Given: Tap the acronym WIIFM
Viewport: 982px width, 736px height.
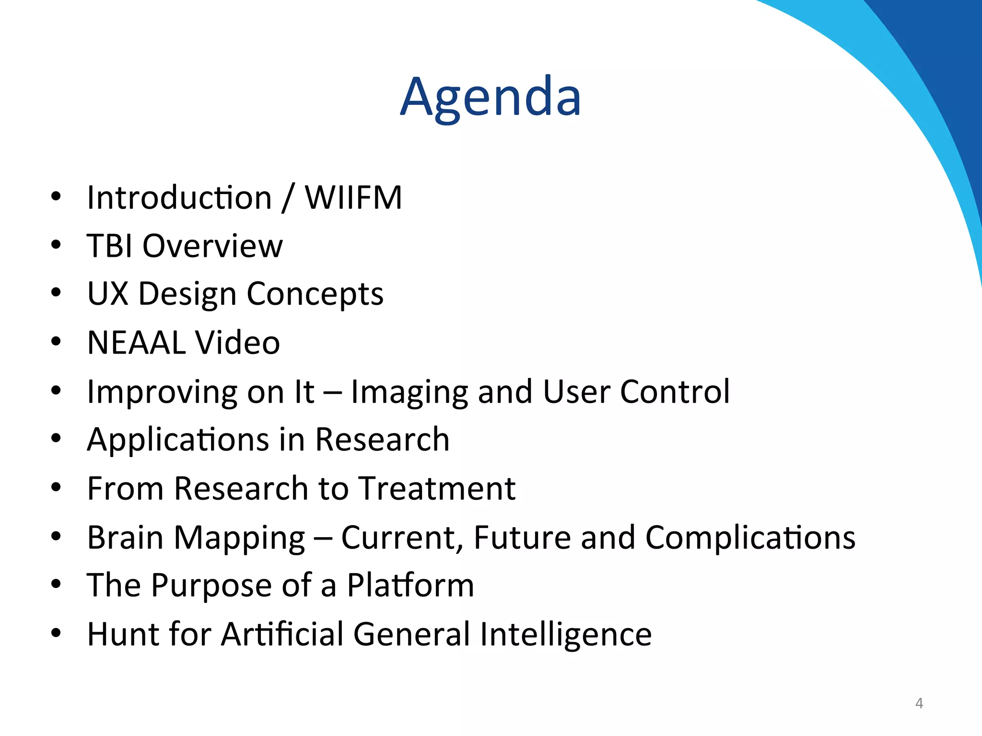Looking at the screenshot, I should tap(353, 197).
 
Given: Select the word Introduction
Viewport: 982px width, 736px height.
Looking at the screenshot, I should tap(179, 197).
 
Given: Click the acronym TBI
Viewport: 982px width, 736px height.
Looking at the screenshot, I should tap(109, 246).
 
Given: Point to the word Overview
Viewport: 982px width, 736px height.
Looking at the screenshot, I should tap(212, 246).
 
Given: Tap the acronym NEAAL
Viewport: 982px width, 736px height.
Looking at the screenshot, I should tap(136, 343).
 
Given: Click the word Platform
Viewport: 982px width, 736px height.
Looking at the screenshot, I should tap(410, 586).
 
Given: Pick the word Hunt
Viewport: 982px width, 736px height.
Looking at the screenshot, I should tap(122, 634).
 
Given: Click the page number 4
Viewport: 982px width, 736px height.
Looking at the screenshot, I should tap(919, 703).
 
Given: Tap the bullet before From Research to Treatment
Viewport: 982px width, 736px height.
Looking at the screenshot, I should tap(56, 488).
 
